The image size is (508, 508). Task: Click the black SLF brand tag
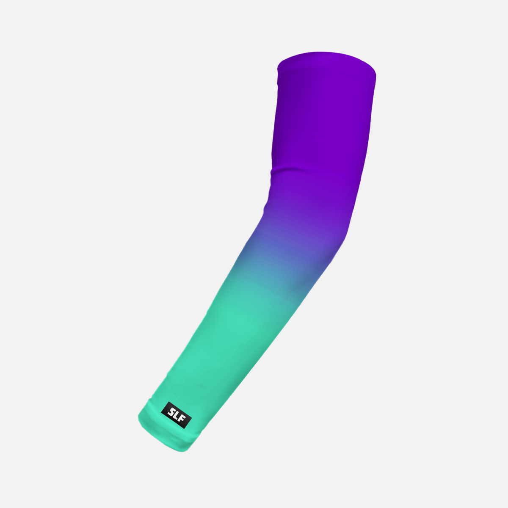177,415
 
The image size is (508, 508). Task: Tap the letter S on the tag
171,411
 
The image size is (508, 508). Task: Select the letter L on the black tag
177,415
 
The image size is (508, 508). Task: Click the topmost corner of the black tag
169,402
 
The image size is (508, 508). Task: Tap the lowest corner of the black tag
184,428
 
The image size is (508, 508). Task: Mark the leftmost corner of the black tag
161,413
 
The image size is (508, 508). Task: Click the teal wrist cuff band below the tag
169,436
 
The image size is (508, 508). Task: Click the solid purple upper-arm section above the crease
322,119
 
